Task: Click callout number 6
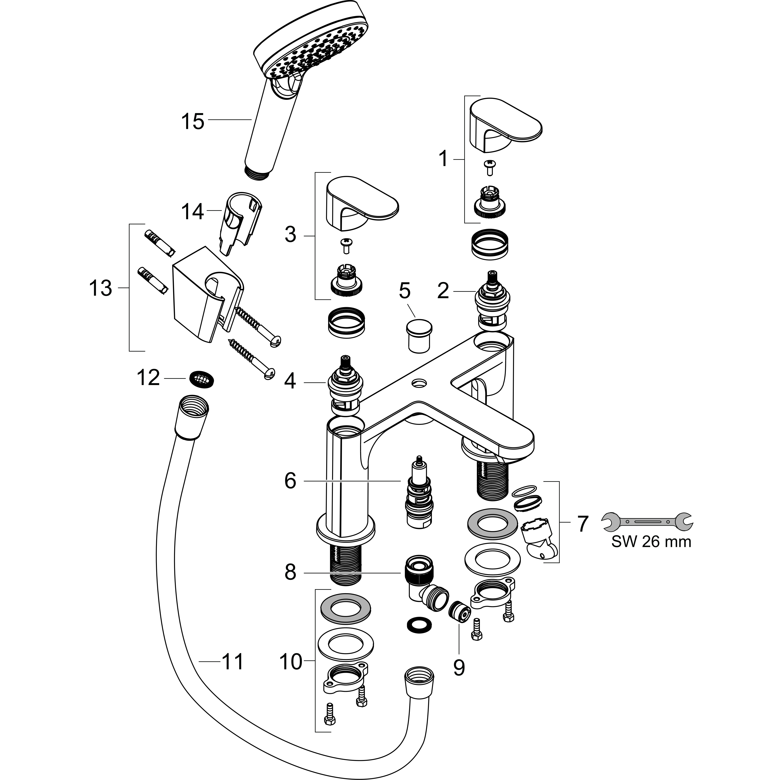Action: coord(290,481)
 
